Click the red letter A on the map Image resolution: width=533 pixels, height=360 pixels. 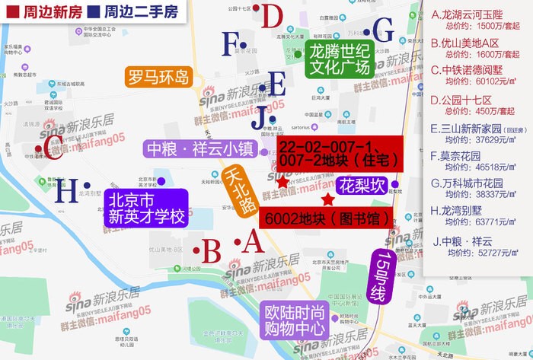coord(253,243)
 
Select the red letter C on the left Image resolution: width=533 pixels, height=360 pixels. coord(53,148)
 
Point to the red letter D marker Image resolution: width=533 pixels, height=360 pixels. coord(272,17)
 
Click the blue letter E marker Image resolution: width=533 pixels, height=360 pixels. coord(277,83)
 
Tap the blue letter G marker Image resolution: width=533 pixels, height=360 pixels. coord(384,31)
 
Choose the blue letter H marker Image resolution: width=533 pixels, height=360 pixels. coord(69,190)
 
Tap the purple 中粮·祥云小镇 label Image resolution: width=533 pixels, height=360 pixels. coord(201,148)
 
